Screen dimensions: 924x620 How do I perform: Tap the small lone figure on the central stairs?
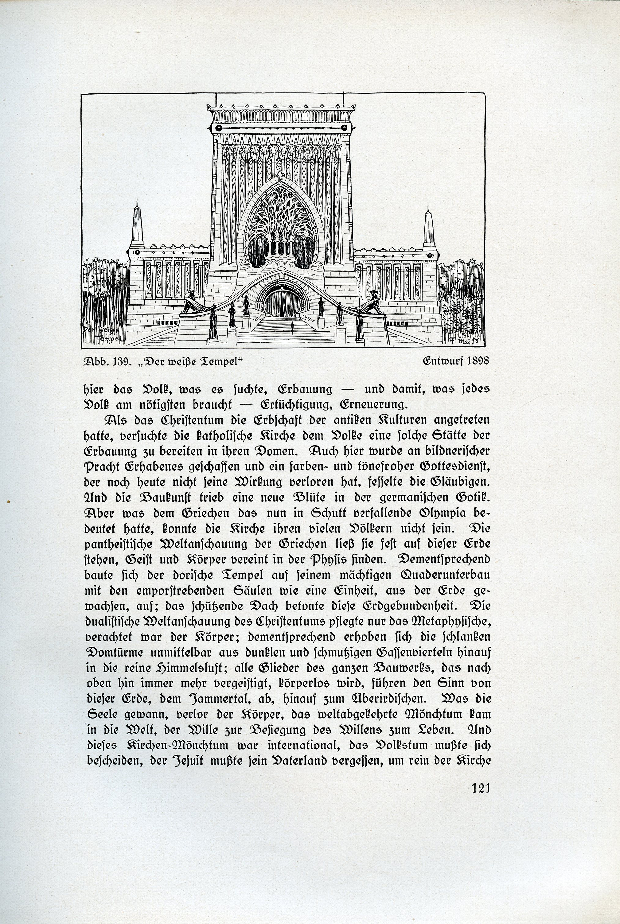click(x=292, y=326)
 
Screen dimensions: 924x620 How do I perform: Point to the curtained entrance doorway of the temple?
click(x=281, y=303)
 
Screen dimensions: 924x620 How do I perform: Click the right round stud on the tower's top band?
click(x=344, y=128)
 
